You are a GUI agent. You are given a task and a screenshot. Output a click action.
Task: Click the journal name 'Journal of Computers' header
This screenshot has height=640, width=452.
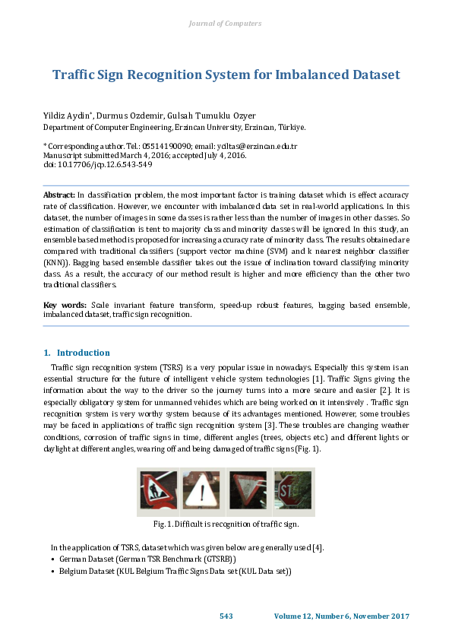tap(225, 24)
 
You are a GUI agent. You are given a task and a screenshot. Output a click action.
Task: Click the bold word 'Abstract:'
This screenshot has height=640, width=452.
tap(58, 195)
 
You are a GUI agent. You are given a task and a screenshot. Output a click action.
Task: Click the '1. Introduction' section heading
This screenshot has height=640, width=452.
tap(77, 353)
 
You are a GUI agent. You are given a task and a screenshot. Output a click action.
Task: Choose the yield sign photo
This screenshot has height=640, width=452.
tap(248, 490)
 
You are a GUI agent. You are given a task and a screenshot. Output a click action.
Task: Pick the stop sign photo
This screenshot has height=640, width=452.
tap(292, 490)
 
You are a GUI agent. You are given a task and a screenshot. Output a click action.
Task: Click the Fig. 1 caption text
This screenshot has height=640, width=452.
tap(226, 524)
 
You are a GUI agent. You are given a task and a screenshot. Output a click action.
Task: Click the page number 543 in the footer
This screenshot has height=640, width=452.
tap(226, 616)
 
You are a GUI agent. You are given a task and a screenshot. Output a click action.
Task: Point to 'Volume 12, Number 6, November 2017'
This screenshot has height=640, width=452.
tap(341, 616)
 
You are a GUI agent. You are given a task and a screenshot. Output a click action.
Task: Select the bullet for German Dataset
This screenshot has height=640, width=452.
tap(52, 559)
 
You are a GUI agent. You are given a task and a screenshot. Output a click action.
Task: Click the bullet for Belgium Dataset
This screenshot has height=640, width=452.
tap(52, 571)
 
